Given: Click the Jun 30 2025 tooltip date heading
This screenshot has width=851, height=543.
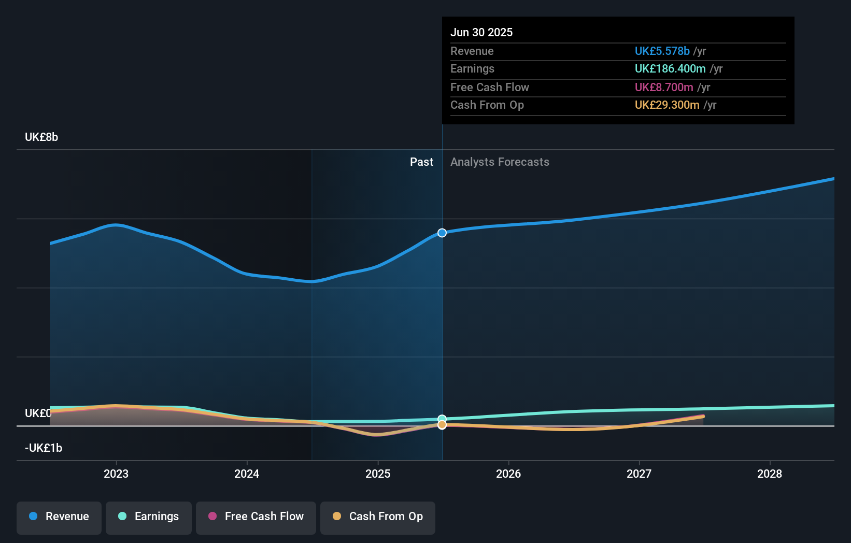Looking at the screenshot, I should pyautogui.click(x=481, y=32).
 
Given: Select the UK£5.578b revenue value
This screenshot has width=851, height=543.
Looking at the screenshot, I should pyautogui.click(x=662, y=51).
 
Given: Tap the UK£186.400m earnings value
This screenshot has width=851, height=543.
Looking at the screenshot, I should pyautogui.click(x=670, y=68).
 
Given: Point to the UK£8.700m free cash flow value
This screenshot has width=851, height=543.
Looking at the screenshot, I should pyautogui.click(x=663, y=87).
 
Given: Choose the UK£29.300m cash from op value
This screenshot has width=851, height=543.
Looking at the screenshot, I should pyautogui.click(x=666, y=105).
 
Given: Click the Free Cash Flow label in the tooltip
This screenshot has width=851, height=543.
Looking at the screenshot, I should pyautogui.click(x=489, y=87).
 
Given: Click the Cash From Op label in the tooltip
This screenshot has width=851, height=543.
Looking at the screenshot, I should pyautogui.click(x=487, y=105).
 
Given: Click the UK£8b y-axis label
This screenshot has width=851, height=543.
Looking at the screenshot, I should pyautogui.click(x=41, y=137).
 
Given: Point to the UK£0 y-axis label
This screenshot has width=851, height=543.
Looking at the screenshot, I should pyautogui.click(x=38, y=413).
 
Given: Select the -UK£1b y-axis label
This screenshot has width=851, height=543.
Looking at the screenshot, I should pyautogui.click(x=44, y=448).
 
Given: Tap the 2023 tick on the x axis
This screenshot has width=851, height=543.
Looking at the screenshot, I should pyautogui.click(x=116, y=474).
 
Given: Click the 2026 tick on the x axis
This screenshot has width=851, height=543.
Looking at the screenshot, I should pyautogui.click(x=508, y=474).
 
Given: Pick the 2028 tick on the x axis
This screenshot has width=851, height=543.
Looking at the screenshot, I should pyautogui.click(x=770, y=474).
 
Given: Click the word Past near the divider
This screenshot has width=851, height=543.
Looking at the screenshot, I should pyautogui.click(x=421, y=162).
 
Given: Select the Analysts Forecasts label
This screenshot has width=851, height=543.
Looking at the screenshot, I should pyautogui.click(x=500, y=162).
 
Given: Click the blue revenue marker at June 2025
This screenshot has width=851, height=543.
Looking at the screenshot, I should pyautogui.click(x=442, y=233).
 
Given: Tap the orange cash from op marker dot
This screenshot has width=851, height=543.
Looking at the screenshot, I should pyautogui.click(x=442, y=425).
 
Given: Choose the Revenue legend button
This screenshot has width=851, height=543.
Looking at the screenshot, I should pyautogui.click(x=59, y=517).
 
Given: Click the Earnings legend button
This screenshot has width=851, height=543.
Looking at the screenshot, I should pyautogui.click(x=149, y=517).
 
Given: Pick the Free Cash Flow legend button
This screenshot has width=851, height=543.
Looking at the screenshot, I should pyautogui.click(x=256, y=517).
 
